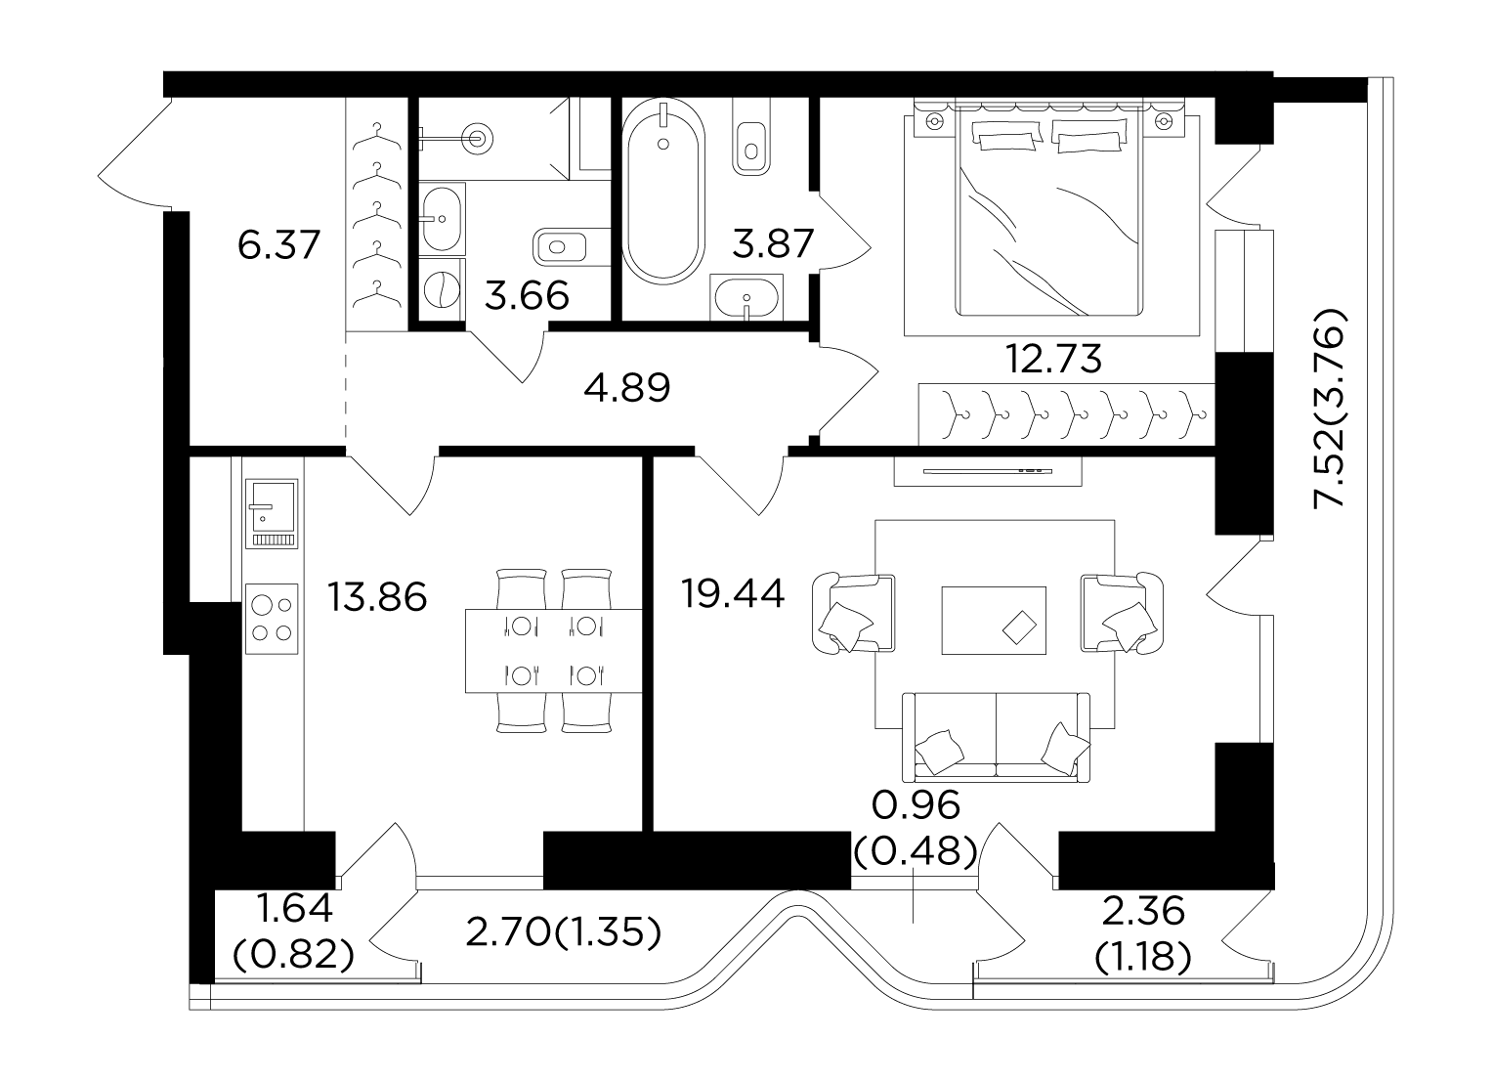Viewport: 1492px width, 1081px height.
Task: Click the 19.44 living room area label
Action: tap(733, 594)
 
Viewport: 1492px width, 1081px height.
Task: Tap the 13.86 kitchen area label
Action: tap(377, 597)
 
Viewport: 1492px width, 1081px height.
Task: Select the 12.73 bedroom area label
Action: tap(1053, 360)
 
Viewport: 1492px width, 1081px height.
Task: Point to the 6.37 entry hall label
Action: tap(279, 244)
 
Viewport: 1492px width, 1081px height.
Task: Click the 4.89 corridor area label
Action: tap(626, 388)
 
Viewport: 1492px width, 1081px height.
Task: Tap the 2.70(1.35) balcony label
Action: tap(564, 932)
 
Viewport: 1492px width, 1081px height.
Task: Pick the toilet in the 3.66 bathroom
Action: tap(559, 247)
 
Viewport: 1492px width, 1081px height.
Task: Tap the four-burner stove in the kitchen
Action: tap(272, 619)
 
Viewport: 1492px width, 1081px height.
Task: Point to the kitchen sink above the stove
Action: tap(272, 513)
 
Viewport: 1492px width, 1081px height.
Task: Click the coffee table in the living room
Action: tap(993, 621)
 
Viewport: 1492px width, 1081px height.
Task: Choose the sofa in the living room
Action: tap(996, 737)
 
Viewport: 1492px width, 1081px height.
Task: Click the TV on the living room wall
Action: tap(987, 470)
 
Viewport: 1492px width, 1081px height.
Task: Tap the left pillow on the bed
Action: tap(1007, 137)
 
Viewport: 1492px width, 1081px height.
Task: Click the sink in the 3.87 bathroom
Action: tap(746, 297)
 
